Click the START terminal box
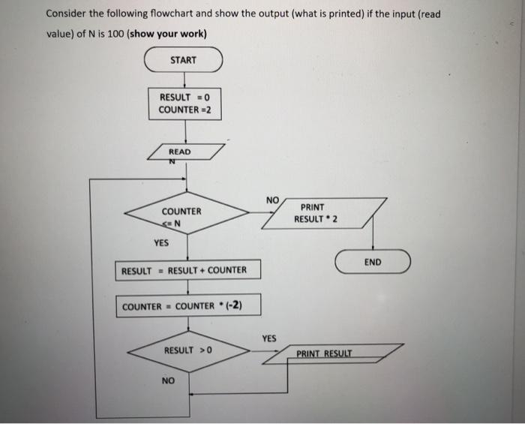tap(183, 60)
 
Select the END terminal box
tap(373, 262)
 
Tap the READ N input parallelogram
tap(187, 152)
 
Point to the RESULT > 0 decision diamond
tap(189, 350)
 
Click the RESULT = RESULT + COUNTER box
tap(188, 270)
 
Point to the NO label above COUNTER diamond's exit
tap(271, 200)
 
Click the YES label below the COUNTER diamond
tap(161, 243)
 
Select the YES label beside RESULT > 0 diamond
tap(269, 338)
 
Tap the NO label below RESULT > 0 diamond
tap(169, 380)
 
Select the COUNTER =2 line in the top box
tap(184, 110)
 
